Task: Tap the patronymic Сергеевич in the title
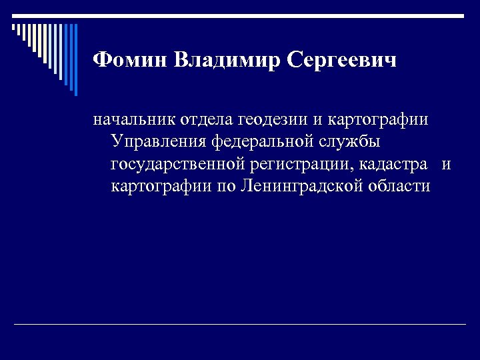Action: (342, 61)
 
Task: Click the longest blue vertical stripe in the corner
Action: (75, 60)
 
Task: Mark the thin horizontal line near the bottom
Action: (240, 325)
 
